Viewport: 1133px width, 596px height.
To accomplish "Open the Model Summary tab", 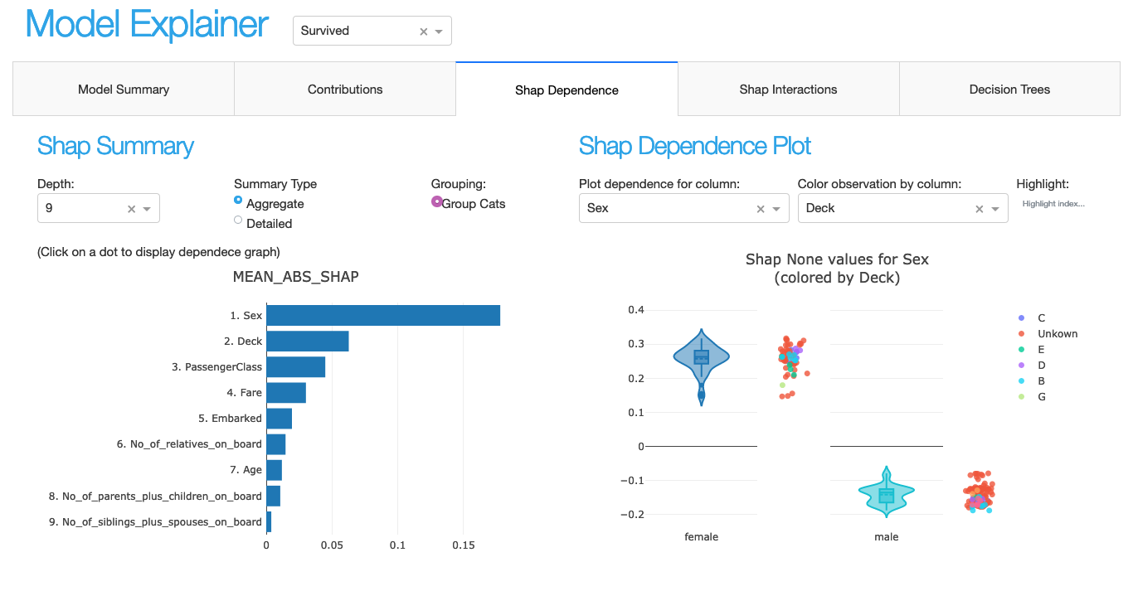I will point(124,90).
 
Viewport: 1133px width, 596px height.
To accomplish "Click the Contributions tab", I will point(345,90).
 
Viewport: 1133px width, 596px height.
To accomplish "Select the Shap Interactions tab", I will point(788,90).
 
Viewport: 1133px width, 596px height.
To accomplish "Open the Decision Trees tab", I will point(1009,90).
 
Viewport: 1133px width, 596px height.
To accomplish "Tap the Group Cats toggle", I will point(437,201).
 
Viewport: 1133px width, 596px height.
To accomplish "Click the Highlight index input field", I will point(1053,204).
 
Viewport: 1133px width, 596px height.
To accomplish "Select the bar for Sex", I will point(382,316).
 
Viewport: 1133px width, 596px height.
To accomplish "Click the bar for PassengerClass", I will point(295,367).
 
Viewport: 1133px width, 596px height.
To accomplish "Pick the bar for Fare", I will point(286,393).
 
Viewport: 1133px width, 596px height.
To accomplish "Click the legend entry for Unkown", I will point(1057,334).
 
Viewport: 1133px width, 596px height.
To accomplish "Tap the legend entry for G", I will point(1041,397).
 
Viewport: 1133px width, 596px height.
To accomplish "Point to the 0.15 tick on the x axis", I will point(463,545).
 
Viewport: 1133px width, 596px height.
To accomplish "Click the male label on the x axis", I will point(886,537).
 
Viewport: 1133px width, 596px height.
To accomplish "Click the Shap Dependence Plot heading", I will point(694,147).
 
